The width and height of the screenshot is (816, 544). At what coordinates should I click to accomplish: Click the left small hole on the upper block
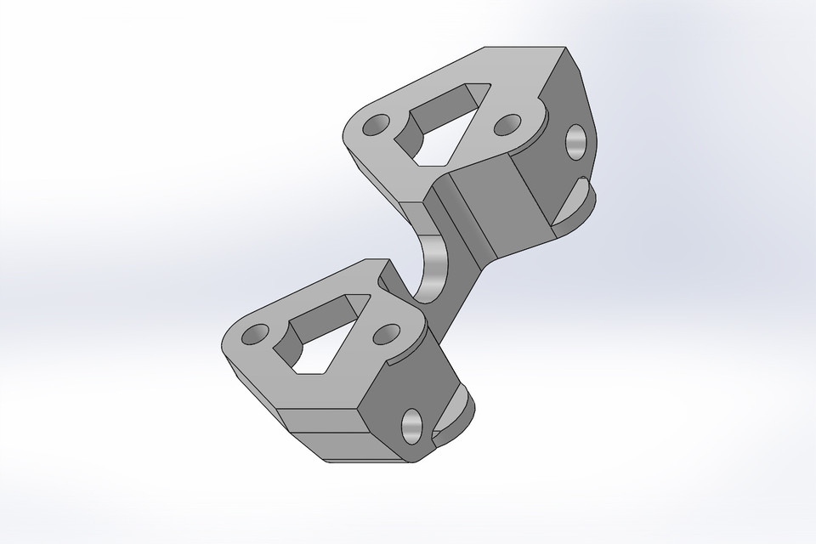point(372,130)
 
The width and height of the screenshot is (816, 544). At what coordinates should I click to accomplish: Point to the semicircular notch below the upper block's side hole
point(578,200)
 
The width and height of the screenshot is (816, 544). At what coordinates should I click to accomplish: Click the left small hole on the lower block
point(252,336)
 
